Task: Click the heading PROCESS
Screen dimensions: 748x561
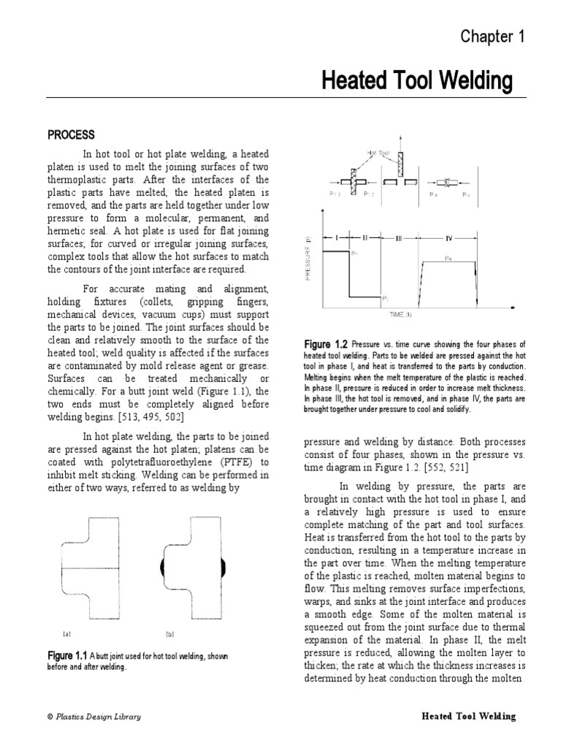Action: (71, 134)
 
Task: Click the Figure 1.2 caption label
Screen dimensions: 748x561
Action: (326, 343)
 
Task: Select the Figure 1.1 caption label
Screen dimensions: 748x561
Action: (71, 656)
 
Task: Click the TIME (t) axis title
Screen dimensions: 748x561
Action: (399, 314)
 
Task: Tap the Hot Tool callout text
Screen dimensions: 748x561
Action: (378, 153)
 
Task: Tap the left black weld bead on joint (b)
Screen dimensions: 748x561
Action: (161, 567)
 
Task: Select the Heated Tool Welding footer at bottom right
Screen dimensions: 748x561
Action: (468, 717)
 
